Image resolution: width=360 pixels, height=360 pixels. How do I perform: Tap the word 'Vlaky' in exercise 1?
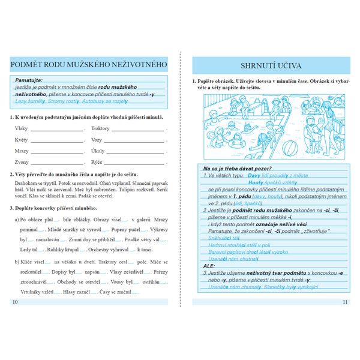coord(21,128)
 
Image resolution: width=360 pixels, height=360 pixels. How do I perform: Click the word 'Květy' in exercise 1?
coord(22,139)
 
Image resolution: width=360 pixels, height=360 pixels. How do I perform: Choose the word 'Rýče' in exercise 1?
coord(97,162)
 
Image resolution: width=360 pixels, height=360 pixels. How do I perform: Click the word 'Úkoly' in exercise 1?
coord(98,151)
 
